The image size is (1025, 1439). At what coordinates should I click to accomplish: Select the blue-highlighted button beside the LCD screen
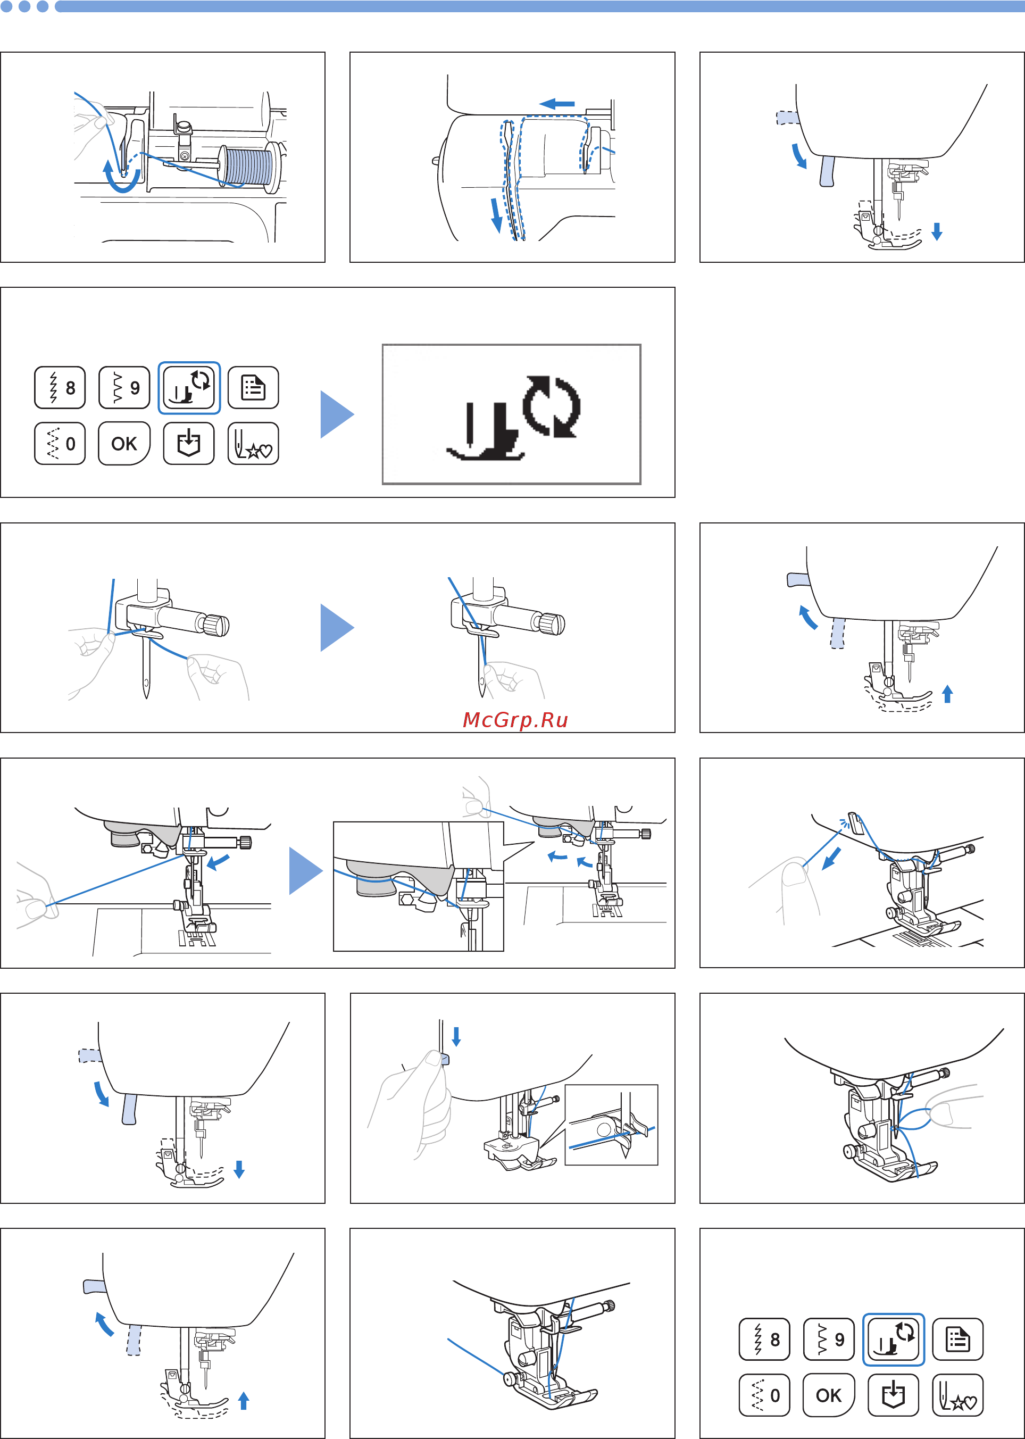click(189, 387)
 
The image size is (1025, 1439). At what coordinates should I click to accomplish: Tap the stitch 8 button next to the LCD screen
click(60, 387)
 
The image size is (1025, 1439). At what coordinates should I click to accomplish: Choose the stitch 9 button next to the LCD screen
click(124, 387)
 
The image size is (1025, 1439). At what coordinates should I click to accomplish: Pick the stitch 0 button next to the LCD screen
click(60, 444)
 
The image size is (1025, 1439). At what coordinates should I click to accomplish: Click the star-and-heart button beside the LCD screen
click(253, 444)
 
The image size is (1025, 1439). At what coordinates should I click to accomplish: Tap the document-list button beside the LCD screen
click(253, 387)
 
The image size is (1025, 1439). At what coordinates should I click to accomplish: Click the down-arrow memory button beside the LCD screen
click(189, 444)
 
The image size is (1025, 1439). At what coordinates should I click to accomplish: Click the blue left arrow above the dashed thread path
click(557, 104)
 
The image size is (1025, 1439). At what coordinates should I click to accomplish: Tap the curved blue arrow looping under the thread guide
click(122, 180)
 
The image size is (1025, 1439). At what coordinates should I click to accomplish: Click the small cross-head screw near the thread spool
click(184, 156)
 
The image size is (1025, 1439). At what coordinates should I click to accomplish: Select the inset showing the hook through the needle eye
click(611, 1125)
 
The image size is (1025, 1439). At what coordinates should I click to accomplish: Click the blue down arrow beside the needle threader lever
click(456, 1036)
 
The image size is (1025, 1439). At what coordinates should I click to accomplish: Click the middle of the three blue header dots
click(24, 6)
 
